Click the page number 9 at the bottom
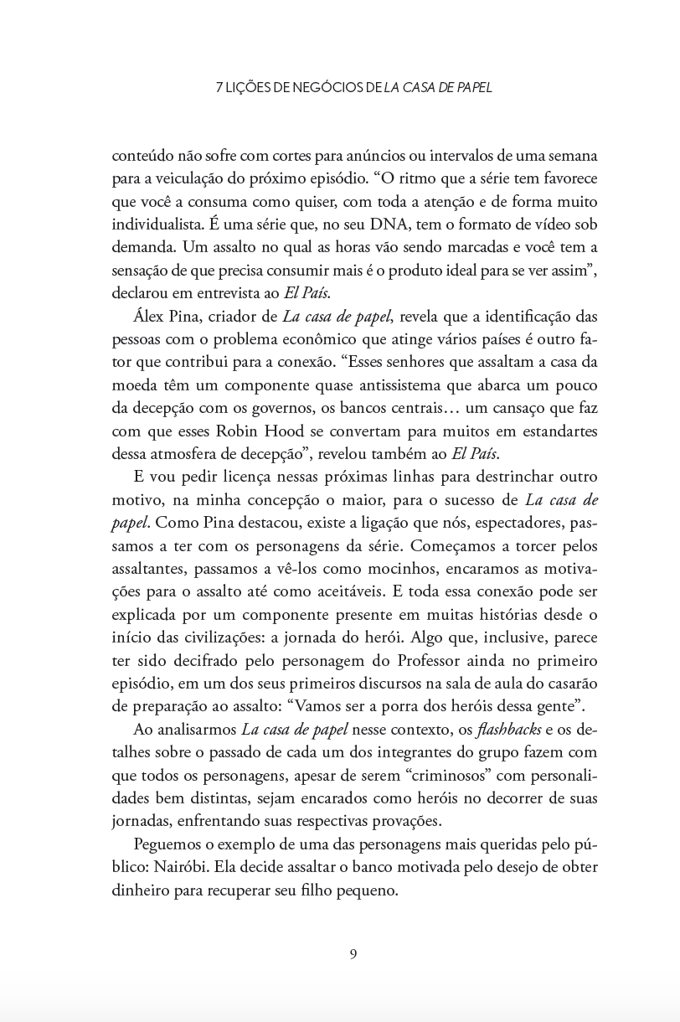click(353, 954)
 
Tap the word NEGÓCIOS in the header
click(326, 87)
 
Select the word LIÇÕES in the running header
click(253, 87)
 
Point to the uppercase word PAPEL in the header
click(473, 87)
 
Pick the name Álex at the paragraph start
click(149, 316)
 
